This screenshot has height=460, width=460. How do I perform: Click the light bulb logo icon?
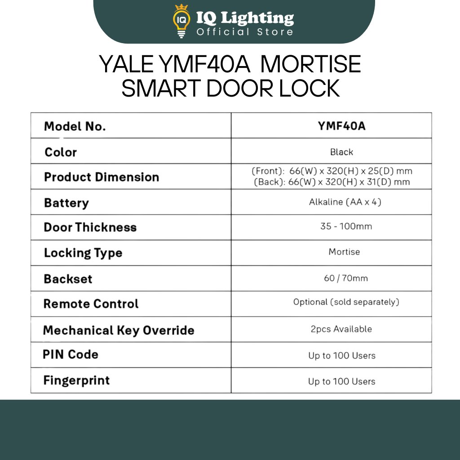pyautogui.click(x=181, y=21)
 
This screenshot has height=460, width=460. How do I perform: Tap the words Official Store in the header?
pyautogui.click(x=245, y=32)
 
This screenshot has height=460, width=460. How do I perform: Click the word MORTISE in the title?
pyautogui.click(x=311, y=64)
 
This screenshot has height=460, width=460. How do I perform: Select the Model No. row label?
pyautogui.click(x=75, y=127)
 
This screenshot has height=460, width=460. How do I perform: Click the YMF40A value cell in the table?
pyautogui.click(x=341, y=126)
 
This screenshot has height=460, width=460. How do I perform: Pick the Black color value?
pyautogui.click(x=341, y=152)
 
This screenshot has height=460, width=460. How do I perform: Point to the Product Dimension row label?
pyautogui.click(x=102, y=177)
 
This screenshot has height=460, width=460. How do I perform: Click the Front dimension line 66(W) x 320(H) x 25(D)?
pyautogui.click(x=332, y=171)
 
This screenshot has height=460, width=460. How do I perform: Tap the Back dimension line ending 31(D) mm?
pyautogui.click(x=332, y=182)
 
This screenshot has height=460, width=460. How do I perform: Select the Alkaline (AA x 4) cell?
pyautogui.click(x=345, y=202)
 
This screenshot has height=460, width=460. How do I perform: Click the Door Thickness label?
pyautogui.click(x=90, y=227)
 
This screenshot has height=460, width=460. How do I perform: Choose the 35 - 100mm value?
pyautogui.click(x=346, y=226)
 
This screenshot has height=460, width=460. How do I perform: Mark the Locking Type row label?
pyautogui.click(x=83, y=253)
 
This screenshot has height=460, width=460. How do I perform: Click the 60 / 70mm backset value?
pyautogui.click(x=346, y=279)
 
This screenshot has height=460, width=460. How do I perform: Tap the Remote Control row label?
pyautogui.click(x=91, y=304)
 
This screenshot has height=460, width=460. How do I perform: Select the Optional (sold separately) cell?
pyautogui.click(x=346, y=302)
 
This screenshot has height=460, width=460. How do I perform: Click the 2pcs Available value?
pyautogui.click(x=341, y=329)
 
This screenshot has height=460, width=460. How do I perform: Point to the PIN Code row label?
pyautogui.click(x=71, y=354)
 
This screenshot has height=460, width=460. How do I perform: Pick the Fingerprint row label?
pyautogui.click(x=76, y=380)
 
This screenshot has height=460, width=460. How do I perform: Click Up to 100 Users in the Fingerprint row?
pyautogui.click(x=341, y=382)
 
